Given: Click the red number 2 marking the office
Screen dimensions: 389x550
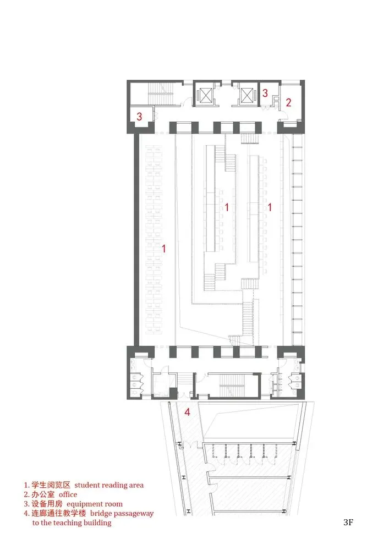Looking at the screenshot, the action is pos(288,102).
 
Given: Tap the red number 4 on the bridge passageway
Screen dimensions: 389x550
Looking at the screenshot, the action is pos(187,412).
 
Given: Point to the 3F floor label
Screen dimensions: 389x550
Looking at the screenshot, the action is pos(348,522).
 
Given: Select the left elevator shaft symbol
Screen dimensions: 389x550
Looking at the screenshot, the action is pos(205,95).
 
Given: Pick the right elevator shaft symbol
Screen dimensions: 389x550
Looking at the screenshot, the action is pos(246,95).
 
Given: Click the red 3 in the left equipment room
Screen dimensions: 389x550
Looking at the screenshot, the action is pos(139,116).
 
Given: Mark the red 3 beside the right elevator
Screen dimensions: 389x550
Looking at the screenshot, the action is pos(265,93).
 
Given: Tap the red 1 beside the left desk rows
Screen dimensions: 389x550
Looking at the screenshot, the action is pos(163,249).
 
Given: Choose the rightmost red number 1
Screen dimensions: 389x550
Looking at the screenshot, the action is pos(270,207).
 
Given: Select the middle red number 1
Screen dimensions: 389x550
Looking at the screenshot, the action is pos(227,207).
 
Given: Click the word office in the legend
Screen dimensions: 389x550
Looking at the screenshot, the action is pos(68,494).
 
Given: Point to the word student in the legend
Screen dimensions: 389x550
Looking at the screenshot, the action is pos(87,485).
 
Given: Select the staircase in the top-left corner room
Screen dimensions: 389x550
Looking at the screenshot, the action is pos(161,94).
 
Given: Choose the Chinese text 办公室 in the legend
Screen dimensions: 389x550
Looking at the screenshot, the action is pos(43,494).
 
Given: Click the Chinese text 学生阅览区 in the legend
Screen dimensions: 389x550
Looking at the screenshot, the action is pos(51,485).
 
